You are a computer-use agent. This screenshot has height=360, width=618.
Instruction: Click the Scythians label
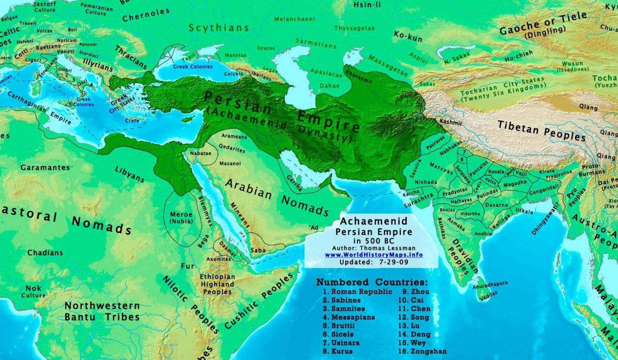point(219,28)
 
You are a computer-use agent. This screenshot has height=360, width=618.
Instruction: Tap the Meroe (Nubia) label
point(181,218)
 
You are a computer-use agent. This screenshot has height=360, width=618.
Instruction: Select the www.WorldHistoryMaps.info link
point(374,255)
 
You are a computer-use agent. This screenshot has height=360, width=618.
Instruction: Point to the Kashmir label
point(451,121)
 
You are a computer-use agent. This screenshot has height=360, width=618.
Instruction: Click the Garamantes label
point(45,167)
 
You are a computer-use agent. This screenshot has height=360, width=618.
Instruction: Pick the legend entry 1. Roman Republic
point(357,292)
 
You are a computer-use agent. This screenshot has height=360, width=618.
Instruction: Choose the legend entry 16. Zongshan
point(422,351)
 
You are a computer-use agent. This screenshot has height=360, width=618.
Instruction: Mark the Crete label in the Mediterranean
point(132,121)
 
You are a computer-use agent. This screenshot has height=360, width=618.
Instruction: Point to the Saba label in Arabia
point(258,250)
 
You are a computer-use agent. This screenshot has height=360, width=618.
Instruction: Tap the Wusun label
point(573,64)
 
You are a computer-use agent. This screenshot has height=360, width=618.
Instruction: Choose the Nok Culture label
point(33,292)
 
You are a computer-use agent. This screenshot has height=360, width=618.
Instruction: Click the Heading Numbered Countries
point(372,282)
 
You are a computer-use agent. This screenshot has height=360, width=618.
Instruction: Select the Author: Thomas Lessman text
point(374,248)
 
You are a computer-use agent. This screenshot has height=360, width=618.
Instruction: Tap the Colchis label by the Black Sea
point(233,74)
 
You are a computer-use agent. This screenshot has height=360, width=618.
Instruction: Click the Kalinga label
point(501,222)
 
